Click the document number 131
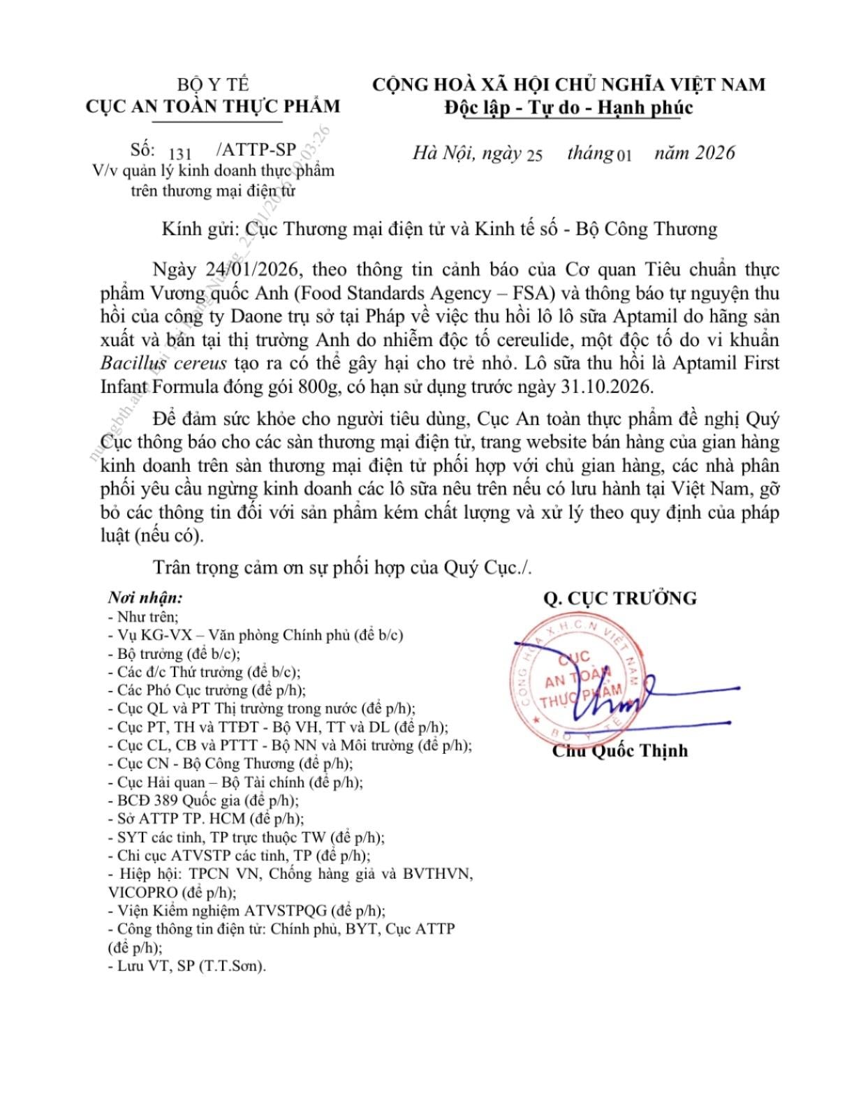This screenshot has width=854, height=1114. tap(179, 154)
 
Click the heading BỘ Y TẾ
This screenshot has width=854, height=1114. tap(213, 84)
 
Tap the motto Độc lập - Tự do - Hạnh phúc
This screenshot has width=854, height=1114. tap(568, 107)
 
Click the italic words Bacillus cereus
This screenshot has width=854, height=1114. tap(163, 363)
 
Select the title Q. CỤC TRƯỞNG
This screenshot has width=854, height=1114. tap(620, 598)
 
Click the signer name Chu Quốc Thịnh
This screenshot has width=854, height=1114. tap(620, 751)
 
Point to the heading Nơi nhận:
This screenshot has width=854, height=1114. tap(145, 598)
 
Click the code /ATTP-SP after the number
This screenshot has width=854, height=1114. tap(256, 149)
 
